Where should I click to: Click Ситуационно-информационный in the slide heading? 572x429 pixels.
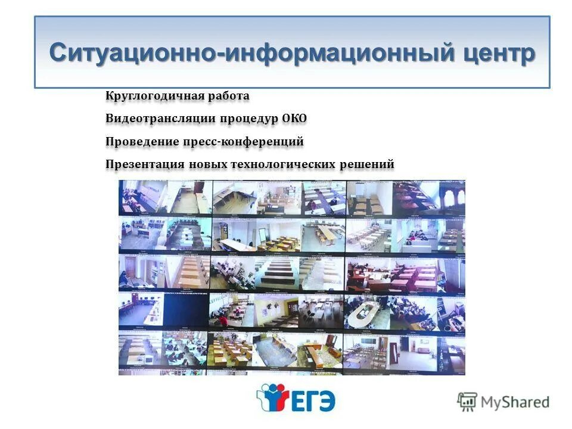pyautogui.click(x=251, y=52)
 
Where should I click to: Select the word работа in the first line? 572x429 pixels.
pyautogui.click(x=230, y=96)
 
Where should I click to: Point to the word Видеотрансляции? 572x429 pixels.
pyautogui.click(x=160, y=119)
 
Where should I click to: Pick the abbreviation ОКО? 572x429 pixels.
pyautogui.click(x=295, y=119)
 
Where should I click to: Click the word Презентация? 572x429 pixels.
pyautogui.click(x=145, y=164)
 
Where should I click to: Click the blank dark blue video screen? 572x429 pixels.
pyautogui.click(x=186, y=310)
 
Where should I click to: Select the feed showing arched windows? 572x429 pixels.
pyautogui.click(x=451, y=197)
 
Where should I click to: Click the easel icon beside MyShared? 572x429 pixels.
pyautogui.click(x=467, y=402)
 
